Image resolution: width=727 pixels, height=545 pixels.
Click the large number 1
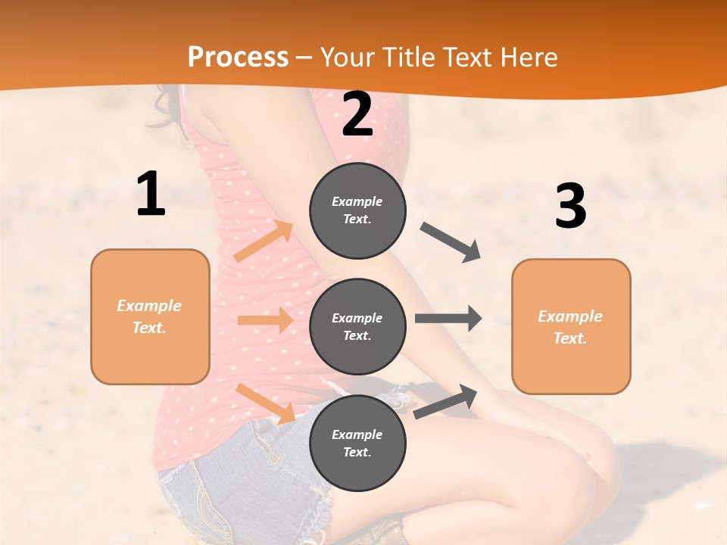(x=151, y=195)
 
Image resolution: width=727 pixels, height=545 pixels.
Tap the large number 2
(x=357, y=114)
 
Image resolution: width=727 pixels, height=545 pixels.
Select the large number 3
(x=570, y=206)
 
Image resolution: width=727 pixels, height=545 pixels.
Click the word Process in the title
(x=238, y=58)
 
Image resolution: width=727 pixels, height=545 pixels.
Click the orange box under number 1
(x=150, y=316)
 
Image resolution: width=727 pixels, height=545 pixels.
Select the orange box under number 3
(x=571, y=326)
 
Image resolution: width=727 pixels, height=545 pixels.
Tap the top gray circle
(x=357, y=210)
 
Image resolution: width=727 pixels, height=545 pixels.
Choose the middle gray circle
(x=357, y=326)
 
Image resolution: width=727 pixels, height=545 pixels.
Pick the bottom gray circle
(x=357, y=443)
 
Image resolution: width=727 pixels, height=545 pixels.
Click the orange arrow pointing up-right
(x=264, y=241)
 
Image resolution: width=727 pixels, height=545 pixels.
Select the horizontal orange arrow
(x=265, y=320)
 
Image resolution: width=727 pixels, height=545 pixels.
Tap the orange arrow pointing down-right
(x=266, y=403)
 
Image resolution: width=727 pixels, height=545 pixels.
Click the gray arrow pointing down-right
(x=451, y=241)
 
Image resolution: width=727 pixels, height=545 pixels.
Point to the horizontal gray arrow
(x=448, y=319)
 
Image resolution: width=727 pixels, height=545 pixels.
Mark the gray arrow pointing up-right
(x=445, y=401)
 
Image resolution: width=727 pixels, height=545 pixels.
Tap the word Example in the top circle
(x=357, y=202)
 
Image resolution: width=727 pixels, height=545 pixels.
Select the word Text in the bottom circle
(x=356, y=452)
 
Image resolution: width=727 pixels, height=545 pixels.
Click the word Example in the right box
(x=570, y=316)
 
